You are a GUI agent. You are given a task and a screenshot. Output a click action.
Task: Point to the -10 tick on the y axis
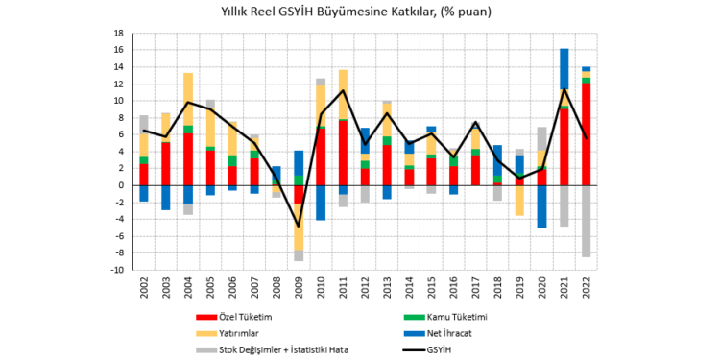coord(116,271)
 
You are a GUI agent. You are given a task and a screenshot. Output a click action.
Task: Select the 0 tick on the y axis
coord(120,185)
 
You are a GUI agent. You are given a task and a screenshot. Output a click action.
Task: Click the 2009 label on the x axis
coord(299,288)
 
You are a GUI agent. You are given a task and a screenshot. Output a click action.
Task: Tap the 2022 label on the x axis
coord(586,288)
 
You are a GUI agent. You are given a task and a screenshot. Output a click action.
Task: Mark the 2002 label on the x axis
coord(144,288)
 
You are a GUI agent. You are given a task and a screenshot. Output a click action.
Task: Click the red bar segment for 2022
coord(586,134)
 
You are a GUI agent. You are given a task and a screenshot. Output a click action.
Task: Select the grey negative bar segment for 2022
coord(586,221)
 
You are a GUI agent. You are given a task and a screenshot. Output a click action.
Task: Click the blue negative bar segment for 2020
coord(541,206)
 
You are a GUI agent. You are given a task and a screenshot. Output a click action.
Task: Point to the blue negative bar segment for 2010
coord(321,203)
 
